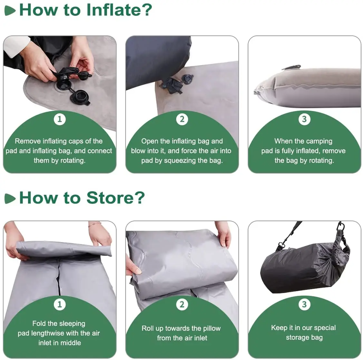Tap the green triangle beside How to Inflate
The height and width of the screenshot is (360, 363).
(x=10, y=11)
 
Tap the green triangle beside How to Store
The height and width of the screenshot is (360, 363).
(x=10, y=199)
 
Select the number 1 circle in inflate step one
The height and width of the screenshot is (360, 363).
(x=60, y=119)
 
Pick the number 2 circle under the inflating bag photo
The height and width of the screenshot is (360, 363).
(x=182, y=119)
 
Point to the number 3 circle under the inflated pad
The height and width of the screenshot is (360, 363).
(x=304, y=119)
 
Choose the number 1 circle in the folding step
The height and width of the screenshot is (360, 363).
(x=60, y=304)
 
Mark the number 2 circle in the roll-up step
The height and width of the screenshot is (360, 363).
(x=182, y=304)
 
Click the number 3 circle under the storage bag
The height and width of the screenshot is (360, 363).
(x=304, y=304)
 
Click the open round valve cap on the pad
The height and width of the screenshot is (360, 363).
(x=80, y=98)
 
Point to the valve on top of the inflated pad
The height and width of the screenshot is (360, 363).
(x=292, y=67)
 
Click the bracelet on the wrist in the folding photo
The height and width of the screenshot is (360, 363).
(x=95, y=224)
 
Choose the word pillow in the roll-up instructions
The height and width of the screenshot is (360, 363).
(x=212, y=328)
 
